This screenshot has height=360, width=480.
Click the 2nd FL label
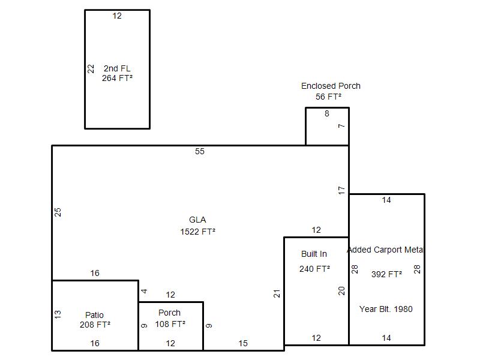[117, 68]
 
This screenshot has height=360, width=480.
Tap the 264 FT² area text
[117, 78]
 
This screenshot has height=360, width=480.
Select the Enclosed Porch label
[331, 86]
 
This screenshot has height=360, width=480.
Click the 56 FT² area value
[328, 97]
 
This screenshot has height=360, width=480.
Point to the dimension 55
[200, 151]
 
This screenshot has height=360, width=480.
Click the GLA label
[197, 220]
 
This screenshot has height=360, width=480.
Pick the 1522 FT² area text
[198, 232]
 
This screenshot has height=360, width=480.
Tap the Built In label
[314, 254]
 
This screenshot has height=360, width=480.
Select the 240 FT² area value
[314, 269]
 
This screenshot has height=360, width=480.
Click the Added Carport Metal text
[385, 250]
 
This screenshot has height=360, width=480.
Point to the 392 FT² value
[386, 274]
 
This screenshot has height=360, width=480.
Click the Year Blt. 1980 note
[386, 309]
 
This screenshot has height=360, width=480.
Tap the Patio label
[94, 315]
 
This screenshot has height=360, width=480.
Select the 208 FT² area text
[95, 325]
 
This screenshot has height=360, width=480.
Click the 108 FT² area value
[170, 324]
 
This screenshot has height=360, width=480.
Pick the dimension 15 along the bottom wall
[243, 343]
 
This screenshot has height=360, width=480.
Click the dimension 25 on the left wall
[58, 212]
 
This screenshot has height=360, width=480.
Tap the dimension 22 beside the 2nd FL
[91, 69]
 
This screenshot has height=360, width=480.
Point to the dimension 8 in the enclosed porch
[327, 113]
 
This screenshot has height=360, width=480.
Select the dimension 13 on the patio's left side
[58, 314]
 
